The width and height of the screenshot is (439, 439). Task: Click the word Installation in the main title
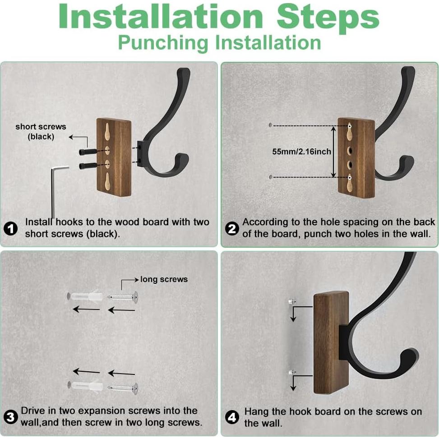[x=161, y=17]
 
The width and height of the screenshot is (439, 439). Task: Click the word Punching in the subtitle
[x=163, y=43]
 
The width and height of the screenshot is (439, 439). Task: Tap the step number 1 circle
[x=11, y=229]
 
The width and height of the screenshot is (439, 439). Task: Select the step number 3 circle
[x=11, y=417]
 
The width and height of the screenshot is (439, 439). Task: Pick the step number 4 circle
[x=232, y=418]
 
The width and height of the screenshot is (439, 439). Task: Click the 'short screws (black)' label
[x=41, y=132]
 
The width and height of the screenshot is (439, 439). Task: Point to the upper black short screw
[x=88, y=152]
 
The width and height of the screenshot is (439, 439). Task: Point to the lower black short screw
[x=88, y=166]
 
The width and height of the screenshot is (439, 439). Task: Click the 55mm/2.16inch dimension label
[x=301, y=152]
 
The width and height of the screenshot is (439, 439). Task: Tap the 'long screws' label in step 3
[x=164, y=279]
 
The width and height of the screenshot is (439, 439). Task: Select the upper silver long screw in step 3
[x=123, y=297]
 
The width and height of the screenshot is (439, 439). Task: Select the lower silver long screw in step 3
[x=123, y=388]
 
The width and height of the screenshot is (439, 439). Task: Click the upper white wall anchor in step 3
[x=85, y=296]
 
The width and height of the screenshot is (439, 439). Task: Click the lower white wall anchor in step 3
[x=85, y=386]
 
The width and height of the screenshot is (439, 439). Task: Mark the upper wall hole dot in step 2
[x=270, y=125]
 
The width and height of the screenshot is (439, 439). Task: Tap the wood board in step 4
[x=331, y=342]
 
